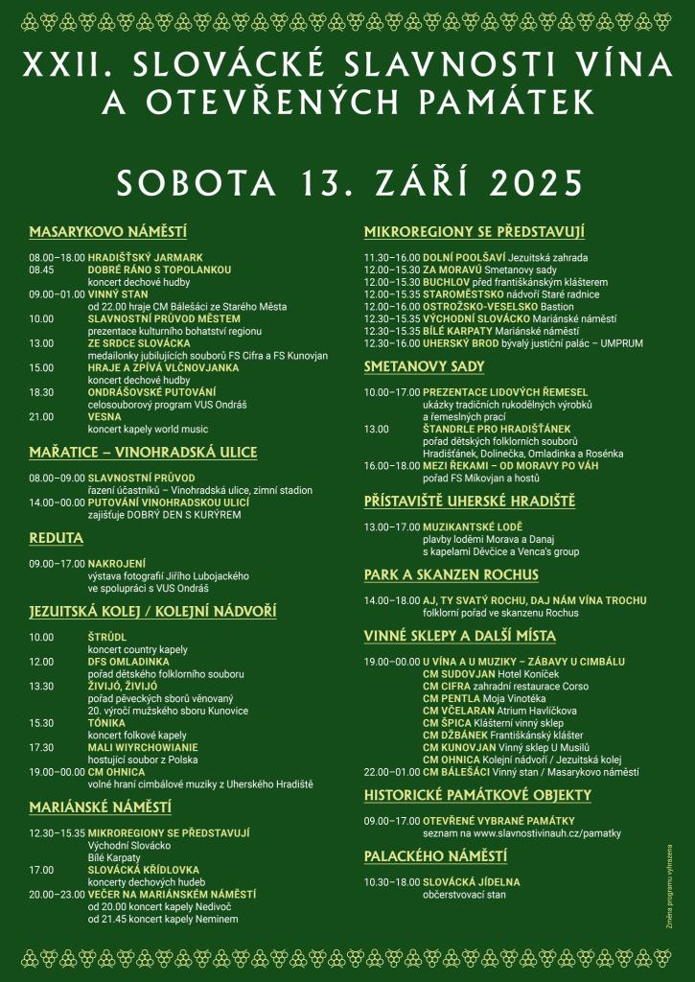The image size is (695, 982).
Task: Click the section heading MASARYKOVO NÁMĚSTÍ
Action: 107,232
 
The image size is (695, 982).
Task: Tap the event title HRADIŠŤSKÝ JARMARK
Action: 146,258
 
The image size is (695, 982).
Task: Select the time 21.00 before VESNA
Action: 41,417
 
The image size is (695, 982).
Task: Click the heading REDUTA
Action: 57,538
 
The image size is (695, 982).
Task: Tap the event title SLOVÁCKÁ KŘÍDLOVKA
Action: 155,870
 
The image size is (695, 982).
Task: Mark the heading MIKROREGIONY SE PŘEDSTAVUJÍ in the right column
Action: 475,232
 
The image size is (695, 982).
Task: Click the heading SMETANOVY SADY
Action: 424,366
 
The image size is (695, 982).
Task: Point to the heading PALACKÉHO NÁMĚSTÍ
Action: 435,855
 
